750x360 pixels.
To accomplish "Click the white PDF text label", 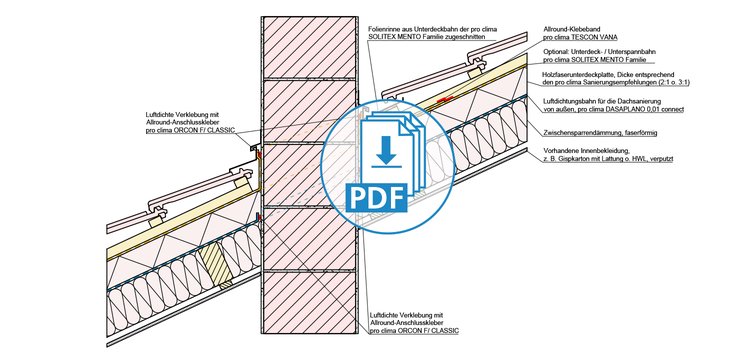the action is click(x=378, y=196).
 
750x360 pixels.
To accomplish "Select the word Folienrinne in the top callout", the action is click(x=382, y=29).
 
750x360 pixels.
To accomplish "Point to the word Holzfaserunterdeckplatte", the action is click(x=573, y=75).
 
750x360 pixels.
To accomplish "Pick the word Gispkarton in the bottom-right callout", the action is click(x=568, y=159).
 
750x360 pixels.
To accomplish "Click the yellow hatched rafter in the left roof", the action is click(x=216, y=264).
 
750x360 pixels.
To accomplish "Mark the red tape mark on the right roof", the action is click(x=446, y=99).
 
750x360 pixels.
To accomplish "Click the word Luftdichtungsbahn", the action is click(x=567, y=101).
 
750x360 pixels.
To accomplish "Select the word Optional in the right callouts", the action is click(x=554, y=52).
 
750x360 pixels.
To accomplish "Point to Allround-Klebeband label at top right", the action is click(x=568, y=29).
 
